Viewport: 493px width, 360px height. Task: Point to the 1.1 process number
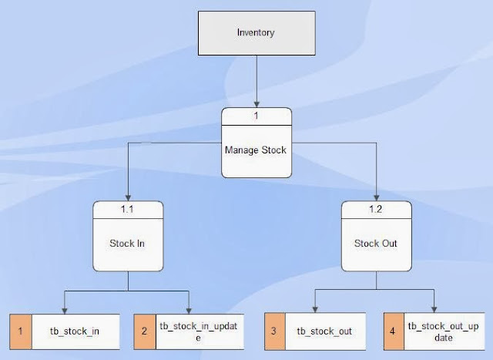point(129,209)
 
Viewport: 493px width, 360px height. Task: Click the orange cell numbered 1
point(21,331)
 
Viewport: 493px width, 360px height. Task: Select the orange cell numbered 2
point(145,331)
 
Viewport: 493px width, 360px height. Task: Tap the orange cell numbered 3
point(275,331)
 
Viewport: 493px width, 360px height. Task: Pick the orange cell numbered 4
point(394,331)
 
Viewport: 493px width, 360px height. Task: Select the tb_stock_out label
point(324,331)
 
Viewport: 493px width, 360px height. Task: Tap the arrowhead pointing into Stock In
point(129,198)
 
